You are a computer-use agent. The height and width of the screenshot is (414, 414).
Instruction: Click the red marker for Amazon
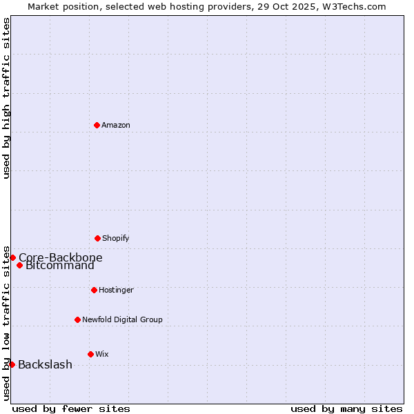[x=97, y=125]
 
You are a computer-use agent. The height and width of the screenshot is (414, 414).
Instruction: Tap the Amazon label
[x=116, y=125]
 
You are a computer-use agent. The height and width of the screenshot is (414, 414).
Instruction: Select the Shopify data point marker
[x=97, y=238]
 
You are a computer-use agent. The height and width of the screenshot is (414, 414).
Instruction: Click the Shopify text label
[x=116, y=238]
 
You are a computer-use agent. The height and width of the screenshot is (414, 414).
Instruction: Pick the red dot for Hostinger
[x=94, y=290]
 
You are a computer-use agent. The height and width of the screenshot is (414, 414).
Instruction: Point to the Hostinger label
[x=116, y=290]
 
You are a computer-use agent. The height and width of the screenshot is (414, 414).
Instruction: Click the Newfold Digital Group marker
[x=77, y=319]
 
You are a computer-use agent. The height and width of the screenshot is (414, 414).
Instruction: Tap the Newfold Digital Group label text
[x=122, y=319]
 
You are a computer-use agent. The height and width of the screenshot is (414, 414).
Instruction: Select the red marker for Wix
[x=90, y=354]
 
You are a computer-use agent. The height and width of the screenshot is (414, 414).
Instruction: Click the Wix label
[x=102, y=354]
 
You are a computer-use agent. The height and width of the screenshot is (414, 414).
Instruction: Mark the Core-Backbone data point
[x=12, y=257]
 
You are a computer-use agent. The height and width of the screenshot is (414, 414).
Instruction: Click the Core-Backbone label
[x=61, y=258]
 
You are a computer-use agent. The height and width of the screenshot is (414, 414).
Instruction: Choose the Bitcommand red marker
[x=19, y=266]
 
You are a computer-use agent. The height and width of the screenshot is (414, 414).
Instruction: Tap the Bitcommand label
[x=60, y=266]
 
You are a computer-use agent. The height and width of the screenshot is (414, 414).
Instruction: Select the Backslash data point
[x=12, y=364]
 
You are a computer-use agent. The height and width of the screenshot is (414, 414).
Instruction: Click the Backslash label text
[x=45, y=365]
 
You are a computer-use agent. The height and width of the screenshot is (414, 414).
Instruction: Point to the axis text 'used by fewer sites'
[x=71, y=408]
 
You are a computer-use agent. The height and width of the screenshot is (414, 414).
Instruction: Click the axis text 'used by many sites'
[x=346, y=408]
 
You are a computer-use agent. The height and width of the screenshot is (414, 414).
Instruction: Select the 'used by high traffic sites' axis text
[x=6, y=98]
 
